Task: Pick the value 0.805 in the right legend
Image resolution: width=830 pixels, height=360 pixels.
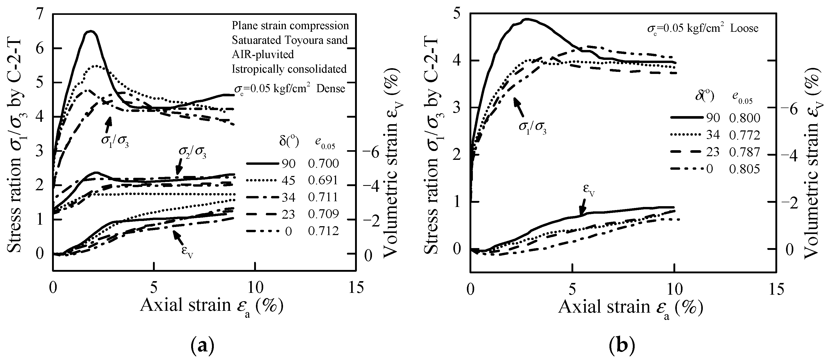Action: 745,169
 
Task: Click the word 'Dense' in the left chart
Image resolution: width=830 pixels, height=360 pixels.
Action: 330,89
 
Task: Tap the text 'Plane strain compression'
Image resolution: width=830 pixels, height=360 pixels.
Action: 290,26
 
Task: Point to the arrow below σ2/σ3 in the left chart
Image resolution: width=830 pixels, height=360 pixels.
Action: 178,169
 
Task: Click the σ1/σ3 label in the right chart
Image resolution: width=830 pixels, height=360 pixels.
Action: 532,128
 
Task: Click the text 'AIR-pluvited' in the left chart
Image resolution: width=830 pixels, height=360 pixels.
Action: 263,54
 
